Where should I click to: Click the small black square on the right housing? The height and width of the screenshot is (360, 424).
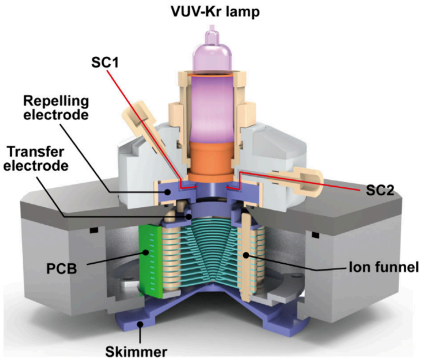click(x=314, y=234)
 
